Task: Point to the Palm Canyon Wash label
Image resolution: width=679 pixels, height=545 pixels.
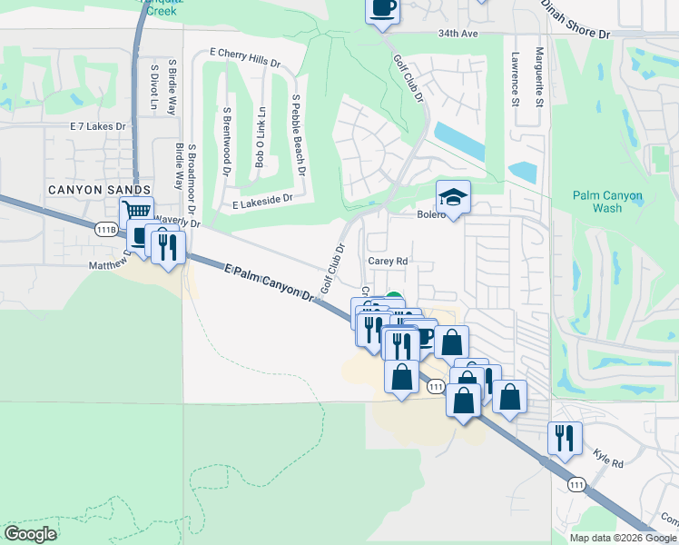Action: click(608, 202)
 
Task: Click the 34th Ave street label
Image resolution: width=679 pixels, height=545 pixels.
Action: click(458, 34)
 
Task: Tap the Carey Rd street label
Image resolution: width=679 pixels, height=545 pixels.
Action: click(389, 260)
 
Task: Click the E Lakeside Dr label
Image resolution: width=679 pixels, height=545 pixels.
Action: click(262, 199)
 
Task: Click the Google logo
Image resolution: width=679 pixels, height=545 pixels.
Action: click(31, 534)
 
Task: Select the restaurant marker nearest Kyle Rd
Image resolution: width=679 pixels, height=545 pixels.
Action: click(565, 438)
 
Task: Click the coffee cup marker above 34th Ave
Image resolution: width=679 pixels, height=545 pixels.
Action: click(382, 8)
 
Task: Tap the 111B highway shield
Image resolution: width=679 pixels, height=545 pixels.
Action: click(106, 230)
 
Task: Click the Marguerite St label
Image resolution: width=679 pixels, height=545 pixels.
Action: click(538, 77)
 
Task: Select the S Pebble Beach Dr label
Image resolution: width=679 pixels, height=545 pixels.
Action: click(298, 134)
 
